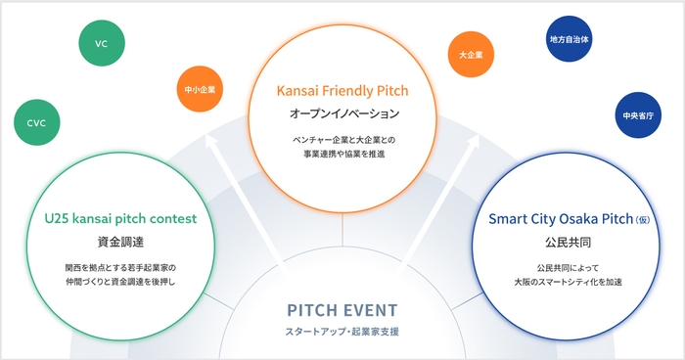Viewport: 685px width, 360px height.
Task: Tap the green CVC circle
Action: (37, 122)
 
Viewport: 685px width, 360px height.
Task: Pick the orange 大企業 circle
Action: (470, 55)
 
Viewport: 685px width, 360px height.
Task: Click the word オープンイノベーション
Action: (342, 114)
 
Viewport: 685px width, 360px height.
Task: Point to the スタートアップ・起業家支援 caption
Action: (342, 333)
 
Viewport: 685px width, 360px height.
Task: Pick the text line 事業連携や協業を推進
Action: (342, 154)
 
